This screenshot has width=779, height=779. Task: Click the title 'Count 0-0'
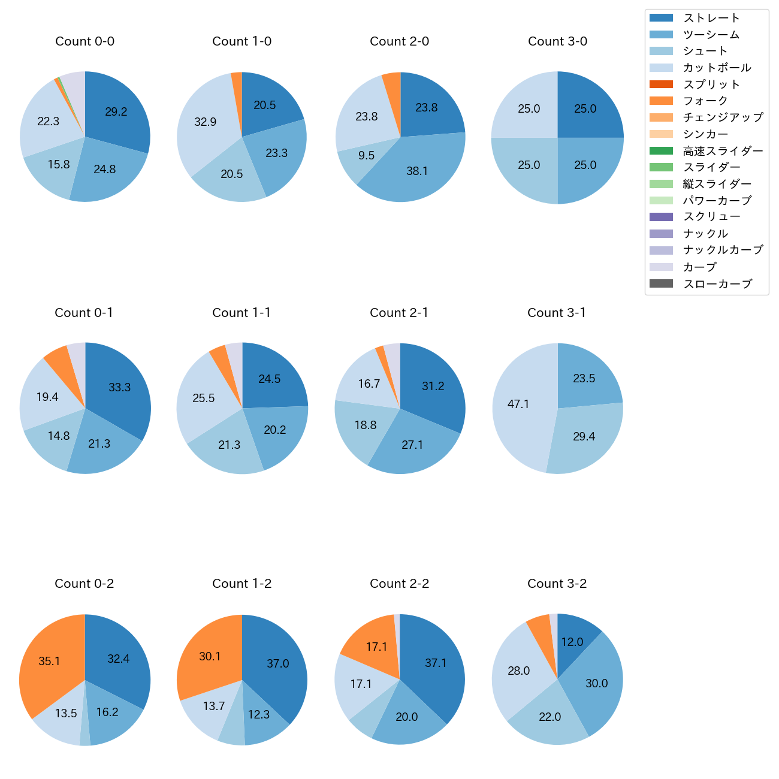coord(84,41)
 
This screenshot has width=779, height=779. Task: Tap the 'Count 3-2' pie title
coord(557,584)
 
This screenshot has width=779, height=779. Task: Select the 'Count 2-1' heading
coord(399,313)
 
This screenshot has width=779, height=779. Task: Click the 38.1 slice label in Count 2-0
coord(417,171)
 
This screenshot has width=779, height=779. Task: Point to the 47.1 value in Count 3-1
coord(518,404)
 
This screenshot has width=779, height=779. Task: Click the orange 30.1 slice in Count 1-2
coord(210,657)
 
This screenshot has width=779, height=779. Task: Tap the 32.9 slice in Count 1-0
coord(205,122)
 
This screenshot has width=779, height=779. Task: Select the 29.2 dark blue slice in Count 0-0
coord(116,112)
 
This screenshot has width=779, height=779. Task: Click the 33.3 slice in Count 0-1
coord(119,388)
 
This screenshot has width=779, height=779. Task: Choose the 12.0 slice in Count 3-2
coord(572,642)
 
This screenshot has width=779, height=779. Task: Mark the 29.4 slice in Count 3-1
coord(584,436)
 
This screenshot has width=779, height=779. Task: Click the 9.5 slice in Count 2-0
coord(366,156)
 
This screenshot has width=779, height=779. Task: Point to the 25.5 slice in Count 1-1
coord(204,398)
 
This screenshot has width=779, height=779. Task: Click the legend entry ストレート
coord(711,18)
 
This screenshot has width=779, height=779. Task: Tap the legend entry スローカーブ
coord(717,284)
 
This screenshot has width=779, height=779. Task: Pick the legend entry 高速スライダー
coord(723,151)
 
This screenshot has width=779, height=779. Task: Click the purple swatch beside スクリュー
coord(661,217)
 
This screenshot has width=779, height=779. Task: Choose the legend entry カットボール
coord(717,68)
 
